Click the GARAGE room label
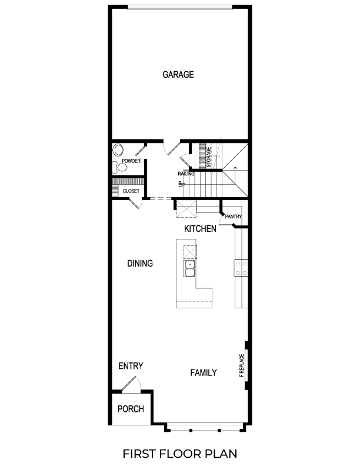178,75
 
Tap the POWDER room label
131,161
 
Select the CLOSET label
131,191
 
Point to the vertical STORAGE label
209,158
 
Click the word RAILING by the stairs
186,174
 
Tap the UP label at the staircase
181,184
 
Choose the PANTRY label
233,217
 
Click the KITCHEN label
200,228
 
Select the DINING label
140,264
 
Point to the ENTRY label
131,366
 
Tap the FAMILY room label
204,372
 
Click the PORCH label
131,409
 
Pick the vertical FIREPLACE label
241,365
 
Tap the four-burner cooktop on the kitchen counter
241,268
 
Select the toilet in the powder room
122,168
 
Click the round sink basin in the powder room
118,149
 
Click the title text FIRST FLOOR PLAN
180,454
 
